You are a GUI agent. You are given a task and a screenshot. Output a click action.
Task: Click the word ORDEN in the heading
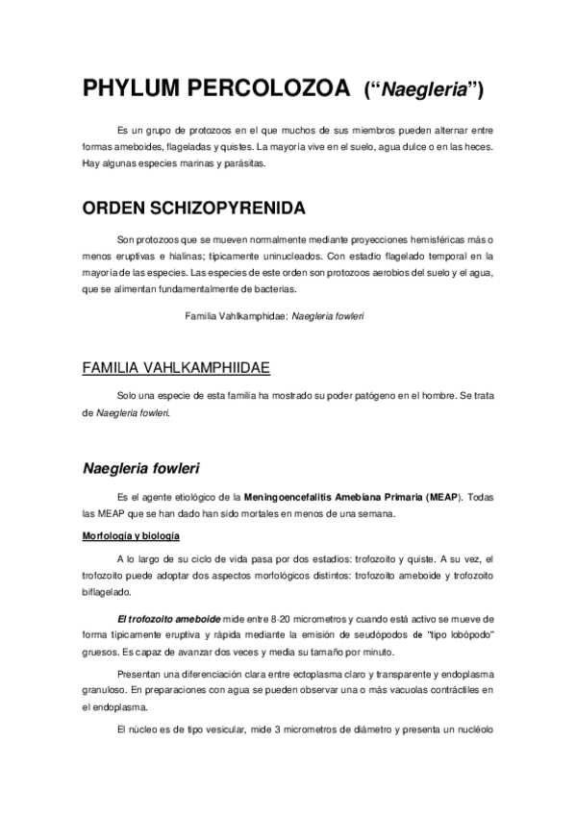116,209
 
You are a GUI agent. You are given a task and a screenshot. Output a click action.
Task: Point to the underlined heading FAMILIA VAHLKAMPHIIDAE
176,368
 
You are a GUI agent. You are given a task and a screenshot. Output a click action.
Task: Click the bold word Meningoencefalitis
287,497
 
